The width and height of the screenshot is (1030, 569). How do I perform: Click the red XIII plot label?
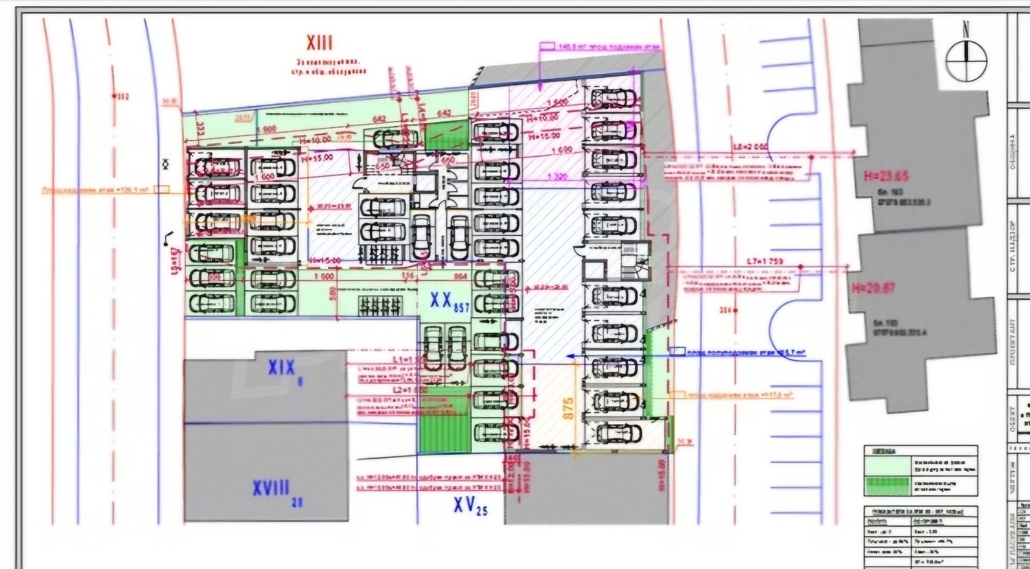point(319,43)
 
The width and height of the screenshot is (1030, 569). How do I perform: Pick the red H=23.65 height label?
point(886,176)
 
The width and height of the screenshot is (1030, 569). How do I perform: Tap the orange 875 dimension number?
point(568,409)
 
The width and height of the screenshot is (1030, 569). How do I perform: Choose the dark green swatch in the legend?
point(886,485)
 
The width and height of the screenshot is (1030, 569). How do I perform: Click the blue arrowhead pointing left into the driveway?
point(571,356)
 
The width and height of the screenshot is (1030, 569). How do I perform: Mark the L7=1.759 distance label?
point(764,262)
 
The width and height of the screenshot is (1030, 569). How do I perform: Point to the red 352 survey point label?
point(122,97)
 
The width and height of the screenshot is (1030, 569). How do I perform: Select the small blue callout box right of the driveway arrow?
point(678,351)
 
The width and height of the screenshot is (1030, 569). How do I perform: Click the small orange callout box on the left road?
point(161,189)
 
